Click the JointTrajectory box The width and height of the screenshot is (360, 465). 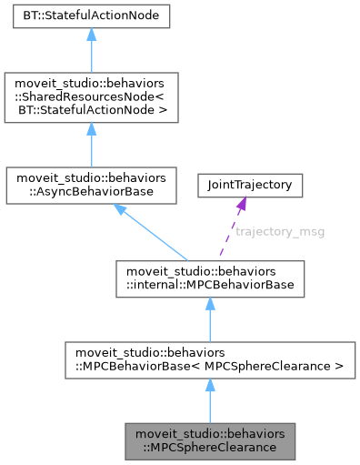pyautogui.click(x=250, y=185)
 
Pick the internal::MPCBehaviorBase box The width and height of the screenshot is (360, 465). pyautogui.click(x=209, y=278)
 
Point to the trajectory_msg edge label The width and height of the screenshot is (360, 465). pyautogui.click(x=280, y=231)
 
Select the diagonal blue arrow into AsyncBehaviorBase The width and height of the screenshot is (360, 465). pyautogui.click(x=150, y=231)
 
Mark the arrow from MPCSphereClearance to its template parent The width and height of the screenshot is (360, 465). pyautogui.click(x=209, y=401)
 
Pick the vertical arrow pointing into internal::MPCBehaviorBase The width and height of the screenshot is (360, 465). pyautogui.click(x=209, y=318)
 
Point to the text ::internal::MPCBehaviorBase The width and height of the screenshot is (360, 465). pyautogui.click(x=208, y=285)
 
